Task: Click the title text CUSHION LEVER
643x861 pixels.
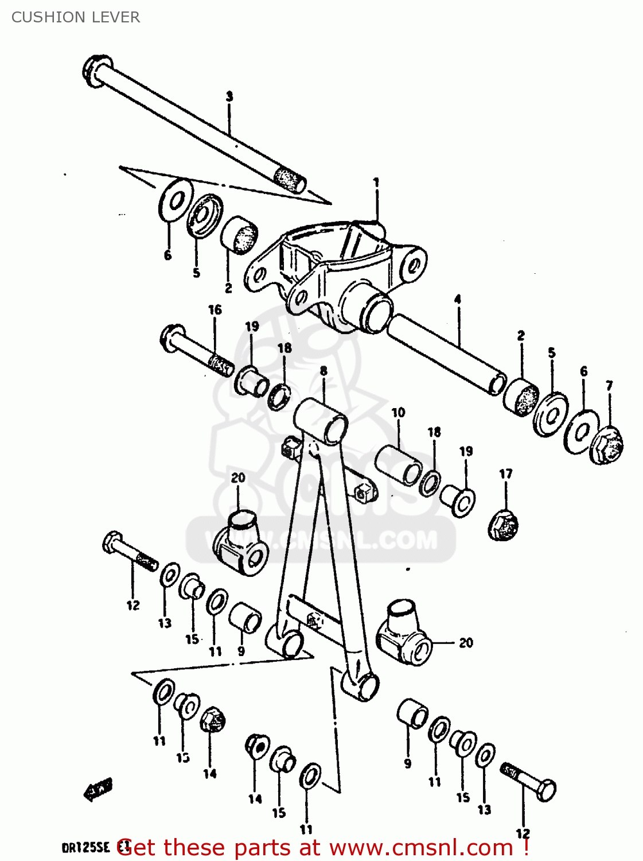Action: [x=75, y=17]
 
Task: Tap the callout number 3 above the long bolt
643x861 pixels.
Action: [x=229, y=96]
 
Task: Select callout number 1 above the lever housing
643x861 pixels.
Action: [x=376, y=183]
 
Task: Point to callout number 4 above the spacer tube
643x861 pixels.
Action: [x=457, y=299]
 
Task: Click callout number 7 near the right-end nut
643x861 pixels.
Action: [x=609, y=386]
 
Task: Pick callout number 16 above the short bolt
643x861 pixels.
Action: [x=215, y=310]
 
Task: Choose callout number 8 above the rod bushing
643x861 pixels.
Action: [x=324, y=371]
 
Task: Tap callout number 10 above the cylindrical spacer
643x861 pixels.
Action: [x=398, y=412]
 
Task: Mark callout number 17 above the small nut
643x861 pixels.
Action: [x=505, y=474]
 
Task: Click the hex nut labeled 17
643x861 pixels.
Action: [x=503, y=525]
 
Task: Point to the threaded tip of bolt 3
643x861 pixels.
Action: [x=291, y=179]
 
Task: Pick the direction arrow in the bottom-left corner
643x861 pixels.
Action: [x=98, y=789]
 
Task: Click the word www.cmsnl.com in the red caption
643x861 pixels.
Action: [x=414, y=848]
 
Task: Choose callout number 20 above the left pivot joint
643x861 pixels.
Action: [x=238, y=478]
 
